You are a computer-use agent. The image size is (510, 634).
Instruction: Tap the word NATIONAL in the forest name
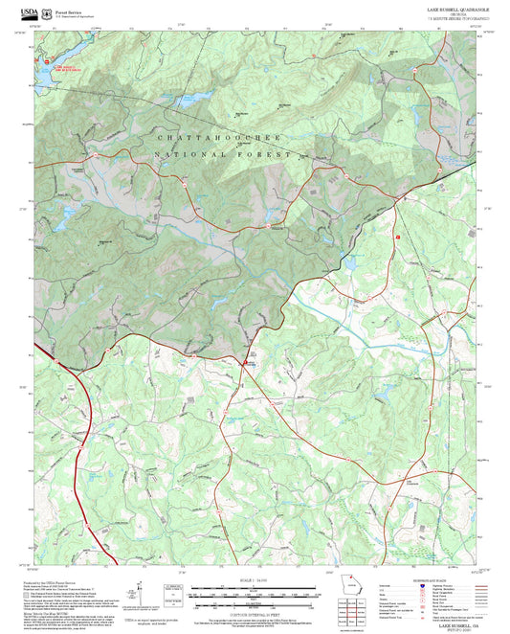click(186, 154)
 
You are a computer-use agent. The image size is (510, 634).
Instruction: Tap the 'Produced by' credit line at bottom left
click(48, 582)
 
